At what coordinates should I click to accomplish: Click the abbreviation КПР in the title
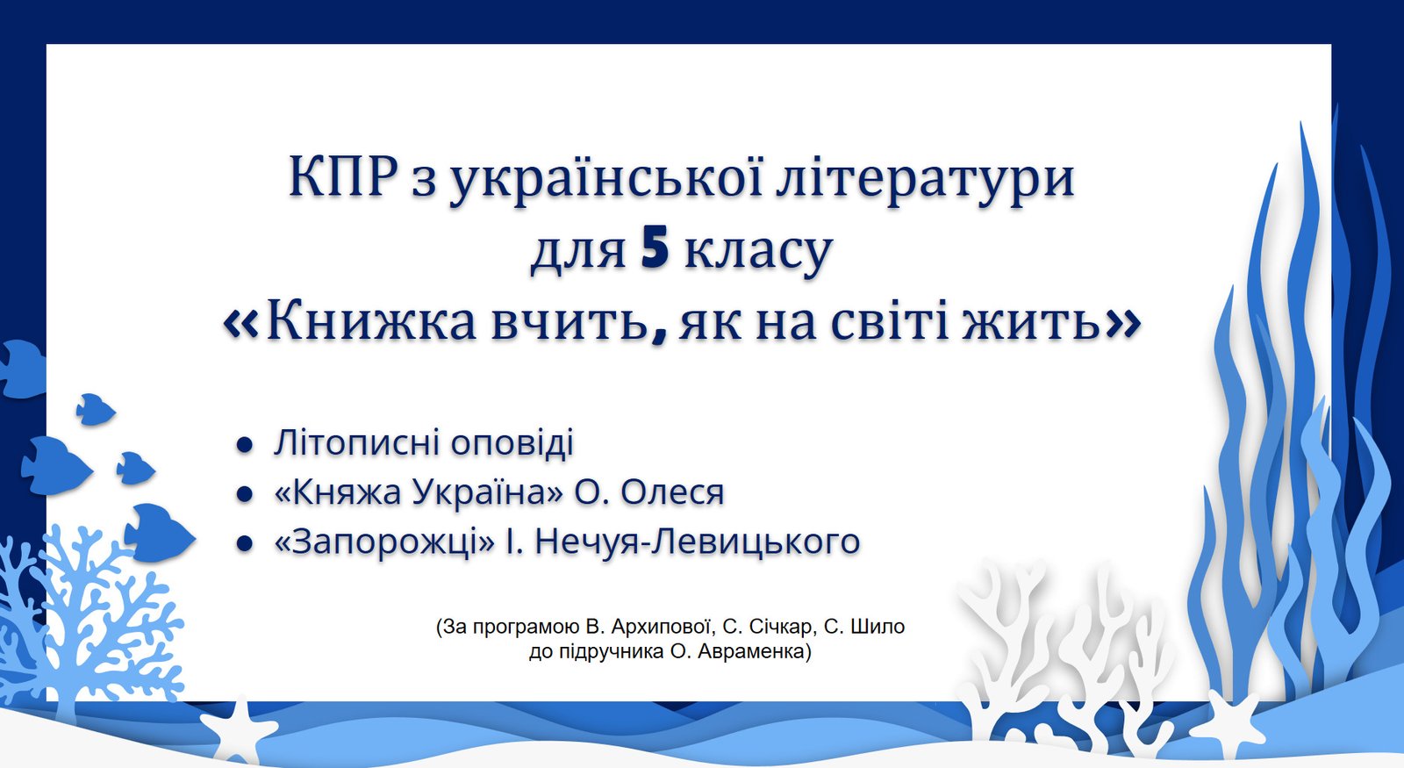pyautogui.click(x=343, y=176)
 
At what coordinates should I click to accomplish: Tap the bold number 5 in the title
pyautogui.click(x=655, y=249)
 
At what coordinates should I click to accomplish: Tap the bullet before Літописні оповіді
pyautogui.click(x=244, y=445)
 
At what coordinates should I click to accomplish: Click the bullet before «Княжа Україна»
pyautogui.click(x=244, y=495)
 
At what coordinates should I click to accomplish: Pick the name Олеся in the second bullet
pyautogui.click(x=672, y=492)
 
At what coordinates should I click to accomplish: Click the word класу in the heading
pyautogui.click(x=758, y=251)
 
